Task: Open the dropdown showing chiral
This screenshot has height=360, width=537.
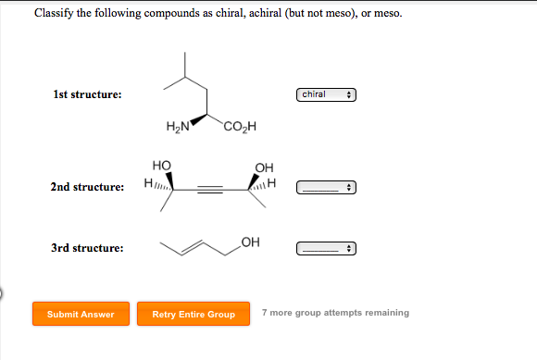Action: (x=326, y=94)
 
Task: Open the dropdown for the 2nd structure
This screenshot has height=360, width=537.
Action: (x=326, y=188)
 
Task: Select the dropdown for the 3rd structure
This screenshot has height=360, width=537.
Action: (x=326, y=248)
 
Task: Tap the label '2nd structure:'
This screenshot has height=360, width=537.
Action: (x=87, y=188)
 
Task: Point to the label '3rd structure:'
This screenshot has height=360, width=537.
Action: (x=87, y=248)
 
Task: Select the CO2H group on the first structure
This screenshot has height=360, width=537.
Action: (x=238, y=127)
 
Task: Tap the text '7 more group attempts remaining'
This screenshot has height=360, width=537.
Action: (x=334, y=313)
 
